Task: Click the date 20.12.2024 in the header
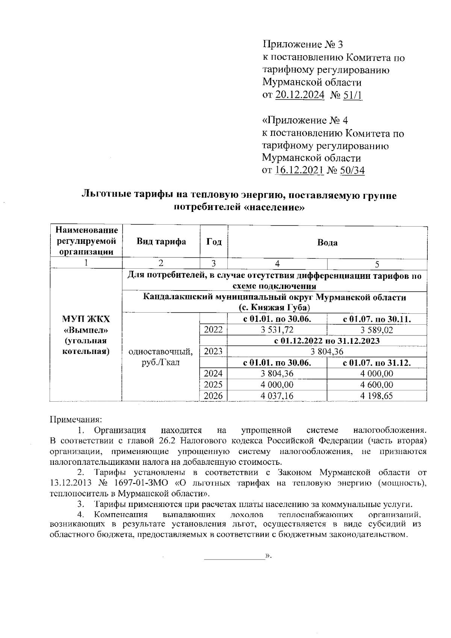coord(300,95)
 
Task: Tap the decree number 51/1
coord(353,95)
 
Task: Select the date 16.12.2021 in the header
coord(299,171)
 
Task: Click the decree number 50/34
coord(352,171)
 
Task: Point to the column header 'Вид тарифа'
coord(161,242)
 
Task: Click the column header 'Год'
coord(214,242)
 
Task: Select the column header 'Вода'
coord(327,242)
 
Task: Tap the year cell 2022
coord(213,330)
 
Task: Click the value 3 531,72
coord(277,330)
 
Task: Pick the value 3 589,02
coord(377,330)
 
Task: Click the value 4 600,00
coord(377,384)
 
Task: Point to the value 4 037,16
coord(277,396)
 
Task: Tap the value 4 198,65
coord(377,396)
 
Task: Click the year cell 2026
coord(213,396)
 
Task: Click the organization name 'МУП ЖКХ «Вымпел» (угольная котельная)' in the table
coord(86,335)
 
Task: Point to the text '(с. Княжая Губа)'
coord(274,308)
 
